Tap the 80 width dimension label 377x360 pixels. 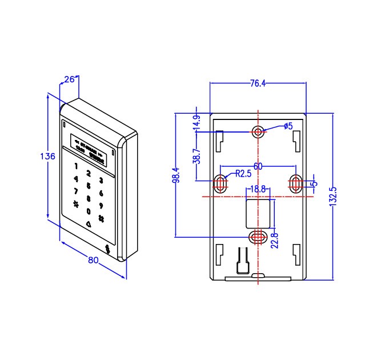click(93, 259)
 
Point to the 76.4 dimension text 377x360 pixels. click(258, 83)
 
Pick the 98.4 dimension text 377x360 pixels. click(177, 175)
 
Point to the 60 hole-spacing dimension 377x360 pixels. click(258, 166)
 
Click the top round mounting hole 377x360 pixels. click(258, 132)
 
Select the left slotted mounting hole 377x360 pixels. click(220, 183)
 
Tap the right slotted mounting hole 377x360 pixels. click(296, 183)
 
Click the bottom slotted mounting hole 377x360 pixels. click(258, 235)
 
